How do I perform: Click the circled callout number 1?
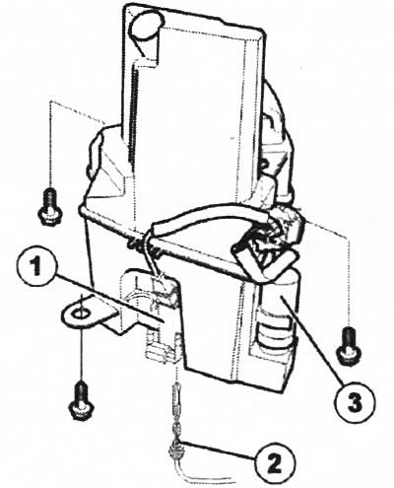click(36, 267)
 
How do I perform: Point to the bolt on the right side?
click(349, 346)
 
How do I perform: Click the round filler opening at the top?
click(146, 24)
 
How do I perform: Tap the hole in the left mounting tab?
click(80, 314)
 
